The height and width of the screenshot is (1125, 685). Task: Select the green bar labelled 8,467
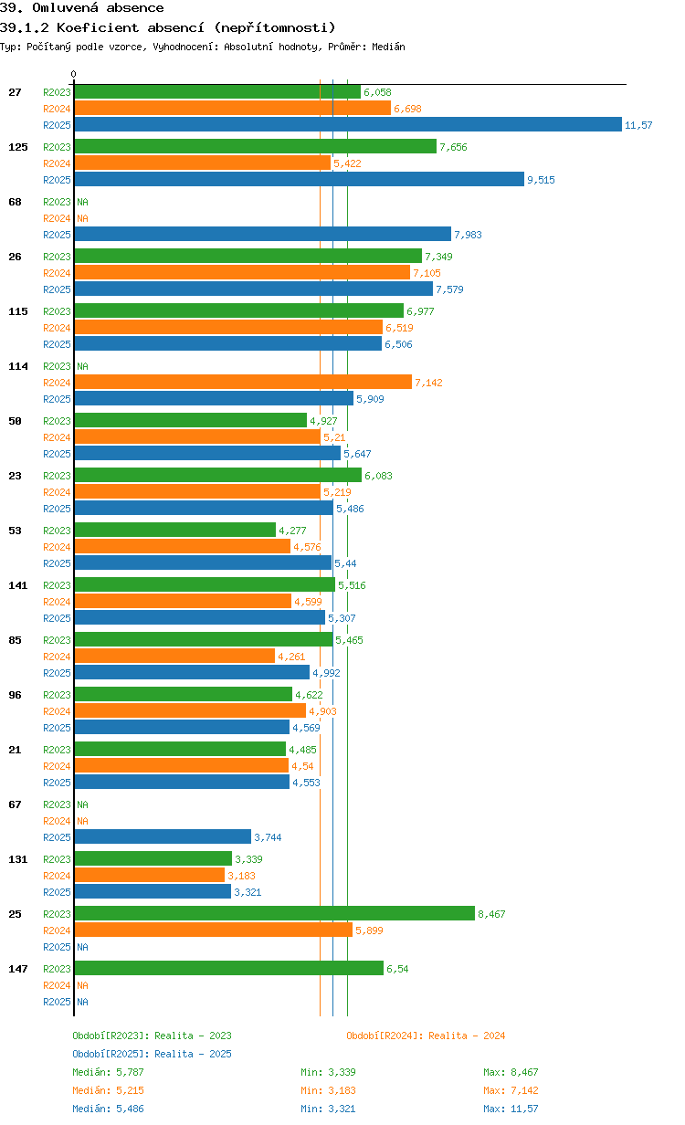(x=274, y=914)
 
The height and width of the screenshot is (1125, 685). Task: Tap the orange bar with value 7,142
(x=242, y=383)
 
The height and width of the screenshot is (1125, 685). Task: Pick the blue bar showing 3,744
(x=162, y=837)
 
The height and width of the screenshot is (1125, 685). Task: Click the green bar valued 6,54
(x=228, y=969)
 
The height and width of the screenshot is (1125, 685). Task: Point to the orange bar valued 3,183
(x=149, y=876)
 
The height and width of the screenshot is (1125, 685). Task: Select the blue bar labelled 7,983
(x=262, y=235)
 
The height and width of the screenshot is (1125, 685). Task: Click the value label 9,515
(x=541, y=180)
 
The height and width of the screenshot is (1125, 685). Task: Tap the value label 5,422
(x=347, y=163)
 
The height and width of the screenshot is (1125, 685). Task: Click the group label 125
(x=18, y=147)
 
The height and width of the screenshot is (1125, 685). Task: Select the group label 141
(x=18, y=585)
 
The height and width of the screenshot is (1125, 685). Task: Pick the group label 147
(x=18, y=969)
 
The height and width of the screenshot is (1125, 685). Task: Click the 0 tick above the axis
(x=74, y=75)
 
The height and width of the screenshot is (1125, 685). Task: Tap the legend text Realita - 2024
(x=466, y=1036)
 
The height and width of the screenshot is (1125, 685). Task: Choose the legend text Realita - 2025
(x=193, y=1054)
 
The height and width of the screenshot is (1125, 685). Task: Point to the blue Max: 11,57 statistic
(x=511, y=1109)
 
